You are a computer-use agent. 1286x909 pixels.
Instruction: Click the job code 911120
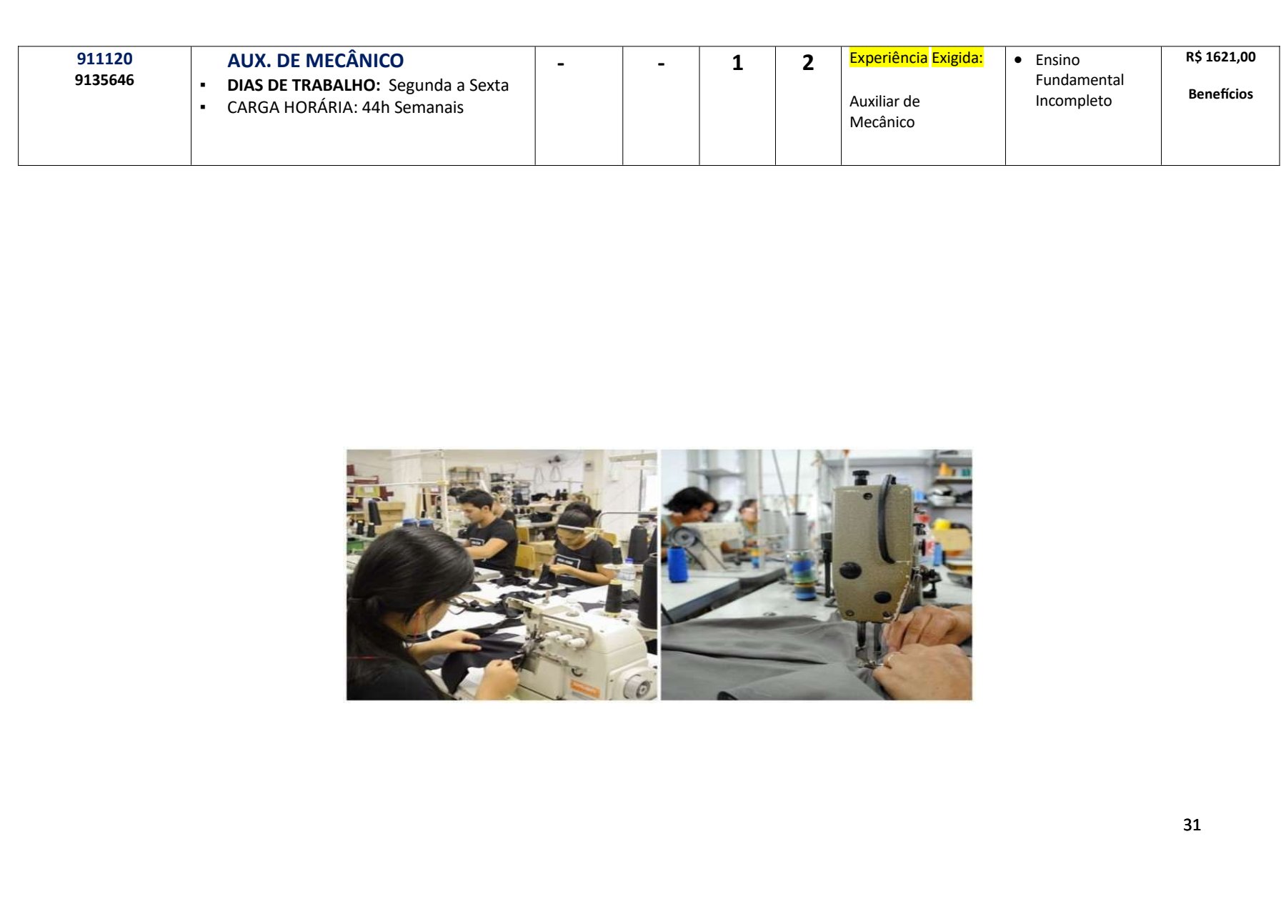[104, 59]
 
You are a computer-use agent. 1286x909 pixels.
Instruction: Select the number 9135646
[104, 80]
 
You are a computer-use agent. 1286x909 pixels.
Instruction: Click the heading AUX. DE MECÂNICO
[315, 61]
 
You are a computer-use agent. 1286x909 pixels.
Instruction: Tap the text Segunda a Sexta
[449, 85]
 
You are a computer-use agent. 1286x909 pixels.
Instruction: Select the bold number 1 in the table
[737, 63]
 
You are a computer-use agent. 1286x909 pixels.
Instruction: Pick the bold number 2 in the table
[808, 63]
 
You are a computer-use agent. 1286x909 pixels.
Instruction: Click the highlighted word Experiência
[888, 58]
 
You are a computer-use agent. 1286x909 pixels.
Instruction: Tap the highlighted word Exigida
[956, 58]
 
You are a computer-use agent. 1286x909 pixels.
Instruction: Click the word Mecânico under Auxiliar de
[882, 122]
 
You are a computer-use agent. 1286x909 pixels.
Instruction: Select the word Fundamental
[1080, 80]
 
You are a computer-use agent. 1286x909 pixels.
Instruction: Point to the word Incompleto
[1073, 101]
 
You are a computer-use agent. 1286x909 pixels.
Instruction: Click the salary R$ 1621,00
[1220, 57]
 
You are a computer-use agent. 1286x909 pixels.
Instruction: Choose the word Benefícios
[1220, 94]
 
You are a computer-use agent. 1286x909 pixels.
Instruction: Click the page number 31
[1192, 825]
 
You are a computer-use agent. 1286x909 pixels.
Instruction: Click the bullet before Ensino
[1018, 59]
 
